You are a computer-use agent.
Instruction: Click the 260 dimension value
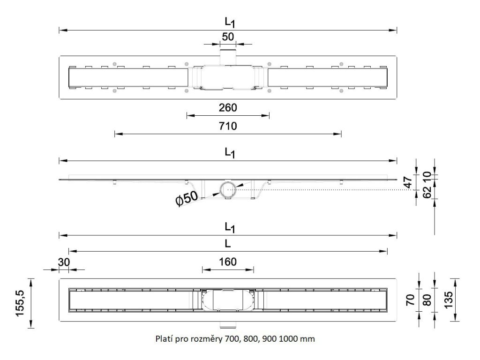coord(228,107)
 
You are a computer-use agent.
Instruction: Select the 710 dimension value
coord(228,126)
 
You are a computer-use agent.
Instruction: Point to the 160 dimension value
coord(228,261)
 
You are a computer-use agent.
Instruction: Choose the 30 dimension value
coord(63,262)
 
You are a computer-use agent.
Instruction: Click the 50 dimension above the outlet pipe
coord(228,37)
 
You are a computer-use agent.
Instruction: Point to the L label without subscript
coord(227,244)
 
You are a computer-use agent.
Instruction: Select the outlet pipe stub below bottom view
coord(228,325)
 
